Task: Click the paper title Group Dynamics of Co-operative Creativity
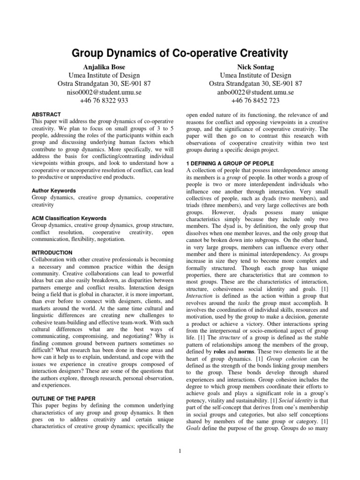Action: (x=180, y=52)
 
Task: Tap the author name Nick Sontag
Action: (x=255, y=67)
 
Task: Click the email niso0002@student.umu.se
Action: (x=104, y=92)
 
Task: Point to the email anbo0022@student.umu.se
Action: (x=255, y=92)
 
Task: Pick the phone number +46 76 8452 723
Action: (x=255, y=100)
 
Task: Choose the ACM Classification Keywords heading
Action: (x=68, y=218)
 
